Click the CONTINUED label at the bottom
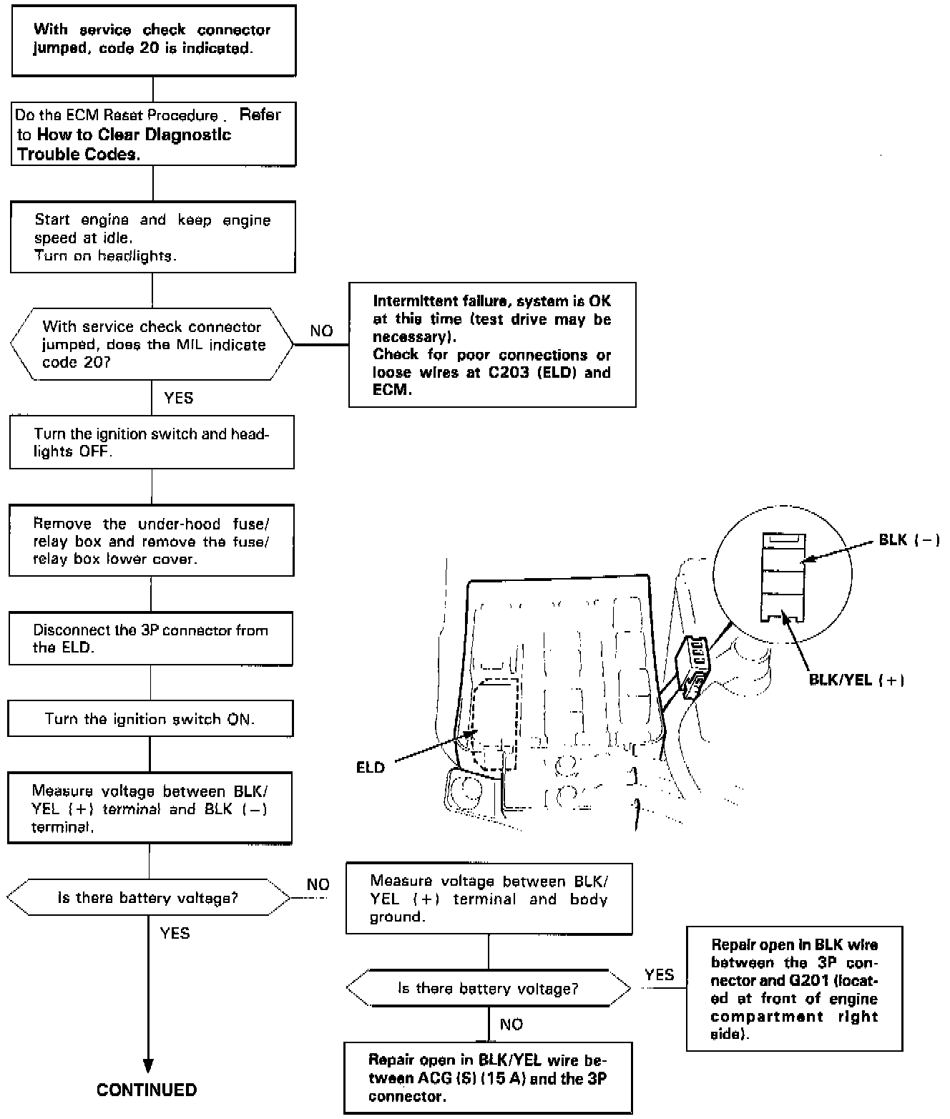(x=146, y=1090)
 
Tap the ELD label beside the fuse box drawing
(x=371, y=768)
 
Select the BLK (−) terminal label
(x=909, y=540)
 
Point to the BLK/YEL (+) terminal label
(x=856, y=680)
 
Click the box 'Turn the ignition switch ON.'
(x=150, y=719)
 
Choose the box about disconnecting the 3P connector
(x=150, y=638)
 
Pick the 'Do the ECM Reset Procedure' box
(x=153, y=135)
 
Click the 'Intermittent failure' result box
(x=492, y=345)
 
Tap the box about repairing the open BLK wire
(x=794, y=989)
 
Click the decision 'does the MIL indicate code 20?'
(x=152, y=344)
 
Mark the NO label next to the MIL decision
(x=321, y=331)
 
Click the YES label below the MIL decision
(x=178, y=398)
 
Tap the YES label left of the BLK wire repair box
(x=659, y=974)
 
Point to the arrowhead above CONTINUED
(x=149, y=1064)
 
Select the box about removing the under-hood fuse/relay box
(x=151, y=541)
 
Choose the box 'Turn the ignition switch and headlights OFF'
(x=152, y=442)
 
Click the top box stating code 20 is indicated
(x=154, y=40)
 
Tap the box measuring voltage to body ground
(x=489, y=899)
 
